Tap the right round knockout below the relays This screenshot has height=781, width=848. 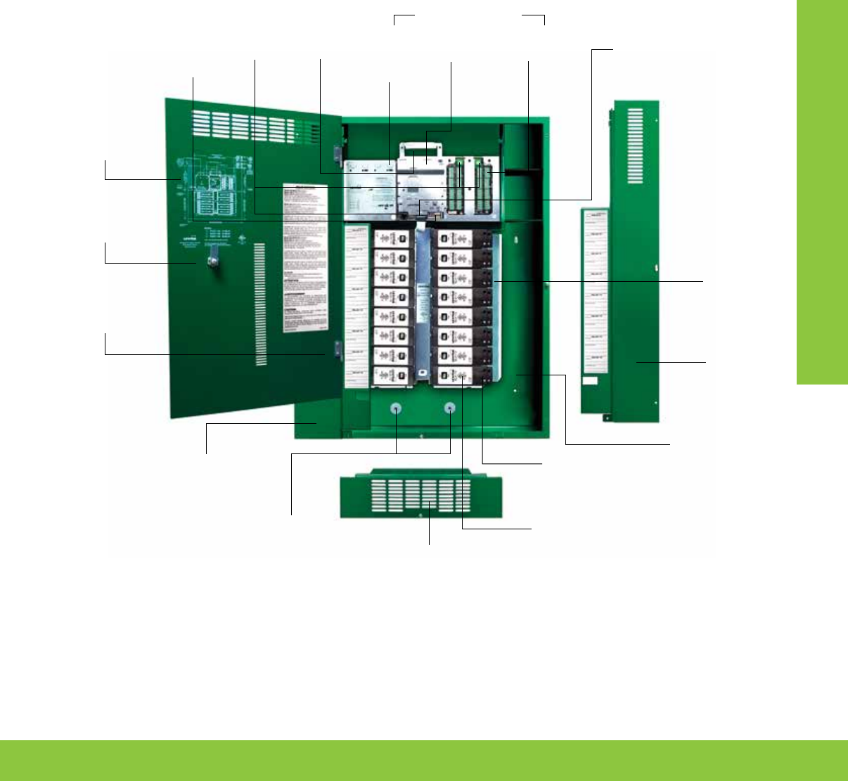pos(450,408)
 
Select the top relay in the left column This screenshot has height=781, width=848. pos(391,239)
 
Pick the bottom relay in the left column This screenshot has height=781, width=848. pos(391,377)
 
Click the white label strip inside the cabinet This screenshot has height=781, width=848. pos(358,306)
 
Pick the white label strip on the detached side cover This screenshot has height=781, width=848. pos(594,292)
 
